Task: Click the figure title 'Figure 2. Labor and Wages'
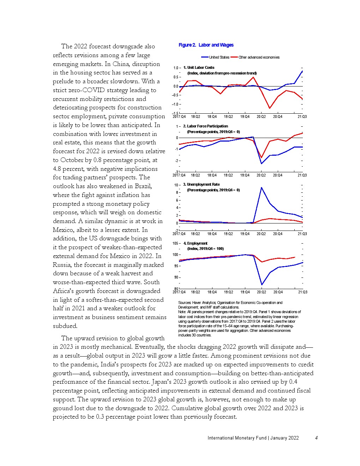coord(206,45)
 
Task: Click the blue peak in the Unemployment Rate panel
coord(262,187)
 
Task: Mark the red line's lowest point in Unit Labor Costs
coord(270,108)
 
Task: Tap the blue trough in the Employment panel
coord(262,285)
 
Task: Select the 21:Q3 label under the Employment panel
coord(302,292)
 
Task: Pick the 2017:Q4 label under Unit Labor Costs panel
coord(179,116)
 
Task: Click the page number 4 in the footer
coord(317,438)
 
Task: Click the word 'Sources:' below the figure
coord(185,303)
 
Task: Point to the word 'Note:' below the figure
coord(182,312)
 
